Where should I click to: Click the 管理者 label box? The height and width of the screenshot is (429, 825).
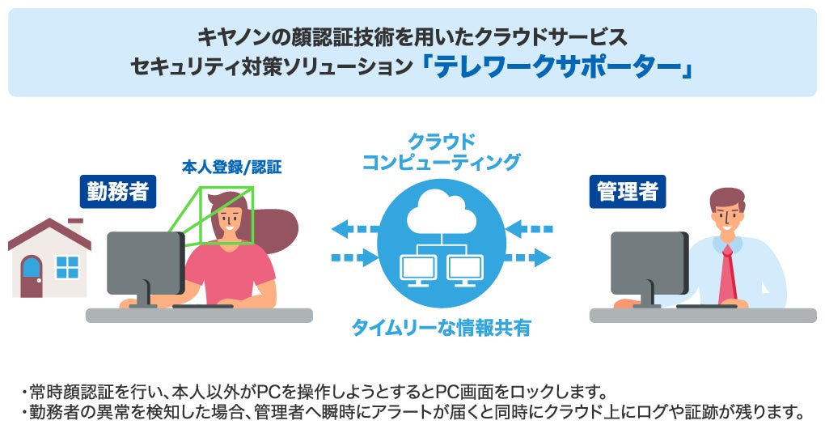628,192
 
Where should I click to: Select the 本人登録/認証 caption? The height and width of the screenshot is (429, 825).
232,169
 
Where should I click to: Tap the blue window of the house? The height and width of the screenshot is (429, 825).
68,267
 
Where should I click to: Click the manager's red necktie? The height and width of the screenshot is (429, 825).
726,275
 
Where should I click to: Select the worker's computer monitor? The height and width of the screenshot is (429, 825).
146,263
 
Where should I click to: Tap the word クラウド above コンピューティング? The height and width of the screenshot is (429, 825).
441,140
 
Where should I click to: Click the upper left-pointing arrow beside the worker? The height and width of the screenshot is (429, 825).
354,229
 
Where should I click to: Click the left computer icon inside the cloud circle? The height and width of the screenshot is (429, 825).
417,267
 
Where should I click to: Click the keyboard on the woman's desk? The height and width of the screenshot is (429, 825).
202,306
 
